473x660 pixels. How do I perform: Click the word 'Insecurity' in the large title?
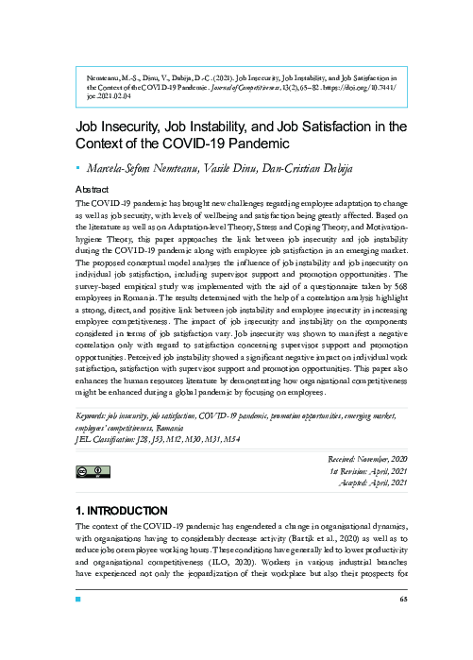click(144, 127)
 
